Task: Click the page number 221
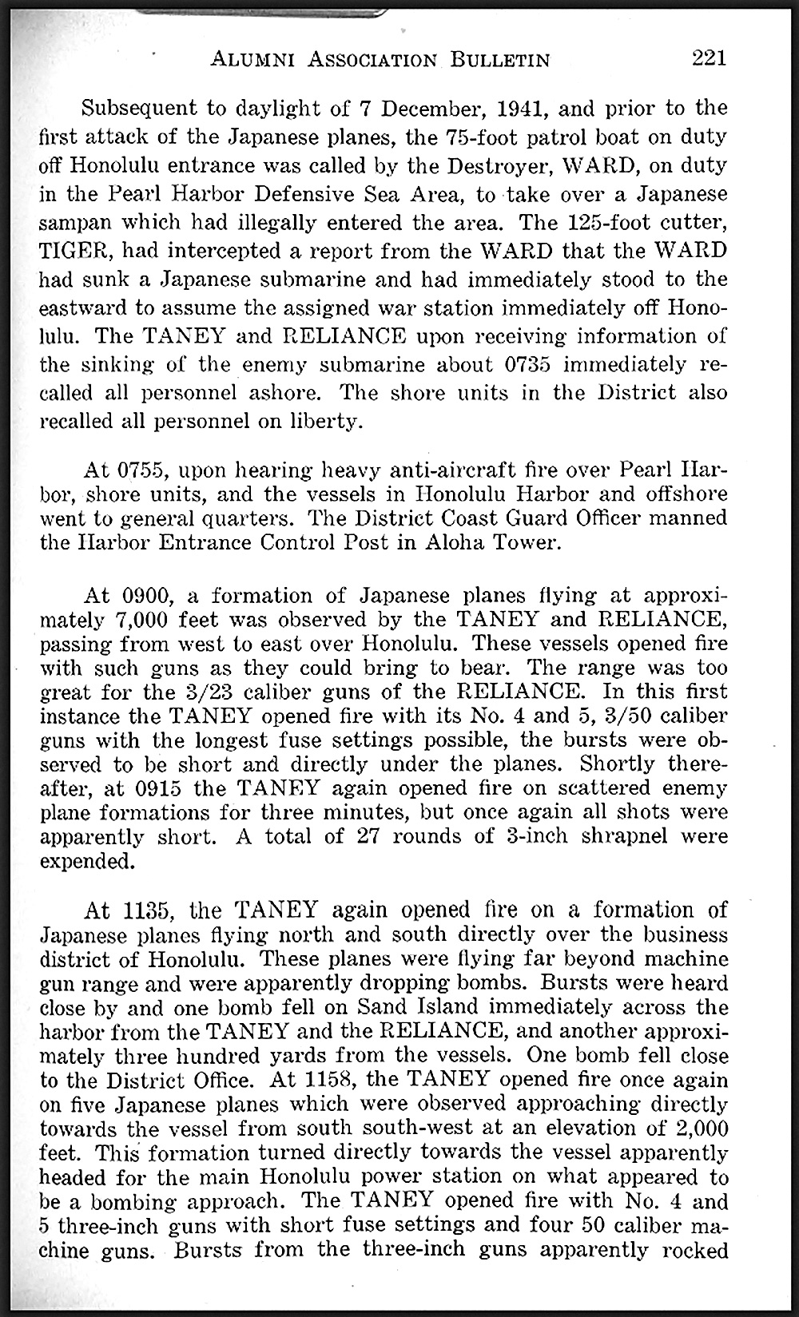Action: point(710,58)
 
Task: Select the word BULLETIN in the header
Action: point(500,59)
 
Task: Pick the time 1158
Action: point(330,1080)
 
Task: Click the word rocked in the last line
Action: point(694,1249)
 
